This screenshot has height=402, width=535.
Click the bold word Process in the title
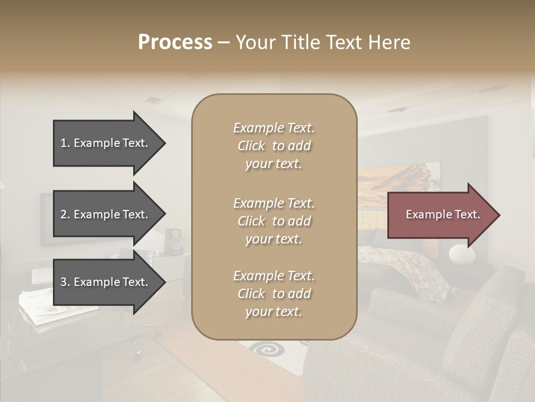(175, 42)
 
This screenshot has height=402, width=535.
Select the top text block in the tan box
(274, 146)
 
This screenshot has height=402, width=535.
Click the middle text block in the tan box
(274, 221)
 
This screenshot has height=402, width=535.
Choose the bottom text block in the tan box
(274, 294)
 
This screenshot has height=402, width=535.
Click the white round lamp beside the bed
(462, 255)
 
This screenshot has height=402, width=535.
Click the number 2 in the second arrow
(64, 214)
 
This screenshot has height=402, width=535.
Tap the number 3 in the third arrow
(64, 282)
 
